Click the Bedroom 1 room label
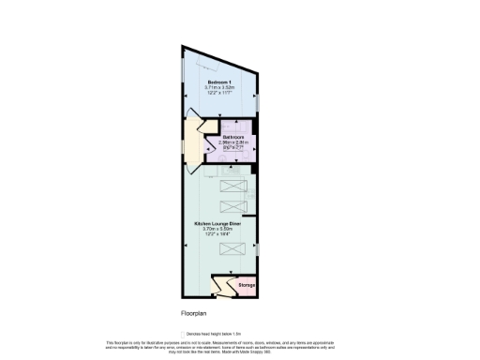(x=219, y=82)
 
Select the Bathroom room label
(x=233, y=138)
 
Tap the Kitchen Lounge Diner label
(x=217, y=224)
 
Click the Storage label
(x=247, y=284)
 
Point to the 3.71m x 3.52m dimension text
(x=219, y=88)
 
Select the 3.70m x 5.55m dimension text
(x=217, y=230)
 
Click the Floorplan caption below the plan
(x=193, y=312)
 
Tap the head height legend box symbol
(x=183, y=333)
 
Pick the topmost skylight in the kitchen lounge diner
(x=232, y=185)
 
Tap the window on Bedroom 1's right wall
(x=260, y=99)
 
